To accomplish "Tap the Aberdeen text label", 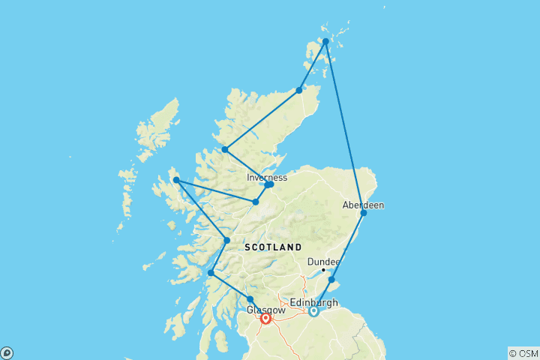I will pos(363,204).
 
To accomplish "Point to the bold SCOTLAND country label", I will pos(272,247).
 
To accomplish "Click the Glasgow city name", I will pos(265,309).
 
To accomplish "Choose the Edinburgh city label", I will pos(314,302).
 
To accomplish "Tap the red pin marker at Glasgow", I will pos(265,318).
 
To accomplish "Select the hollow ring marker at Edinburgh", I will pos(313,311).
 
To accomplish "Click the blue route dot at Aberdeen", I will pos(364,213).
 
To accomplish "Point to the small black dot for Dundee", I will pos(323,270).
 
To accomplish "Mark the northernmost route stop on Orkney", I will pos(325,42).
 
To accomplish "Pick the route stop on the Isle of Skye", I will pos(175,180).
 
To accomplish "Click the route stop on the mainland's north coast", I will pos(299,90).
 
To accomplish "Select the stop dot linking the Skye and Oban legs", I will pos(226,241).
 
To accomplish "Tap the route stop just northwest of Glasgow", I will pos(250,299).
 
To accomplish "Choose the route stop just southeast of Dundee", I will pos(331,280).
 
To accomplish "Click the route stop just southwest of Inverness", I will pos(256,202).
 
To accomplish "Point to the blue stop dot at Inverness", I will pos(269,184).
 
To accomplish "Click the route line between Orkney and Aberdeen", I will pos(345,127).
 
